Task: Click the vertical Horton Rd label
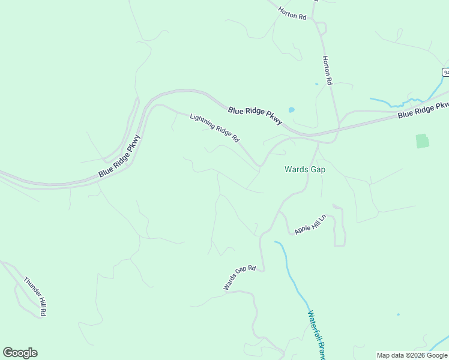click(x=327, y=70)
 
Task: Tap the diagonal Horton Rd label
click(x=292, y=13)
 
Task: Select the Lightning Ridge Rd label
click(x=214, y=128)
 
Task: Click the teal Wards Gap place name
click(x=304, y=170)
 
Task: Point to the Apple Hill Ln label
click(x=310, y=224)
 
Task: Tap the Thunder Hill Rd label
click(x=35, y=296)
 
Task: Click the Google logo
click(x=20, y=353)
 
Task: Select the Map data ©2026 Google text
click(x=412, y=355)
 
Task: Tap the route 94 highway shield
click(x=445, y=72)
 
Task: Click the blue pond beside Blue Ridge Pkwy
click(x=292, y=110)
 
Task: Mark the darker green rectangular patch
click(x=423, y=141)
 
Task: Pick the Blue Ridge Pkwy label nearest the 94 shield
click(x=423, y=110)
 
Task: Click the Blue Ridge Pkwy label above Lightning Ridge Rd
click(x=255, y=116)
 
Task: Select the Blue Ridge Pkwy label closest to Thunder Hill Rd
click(x=120, y=156)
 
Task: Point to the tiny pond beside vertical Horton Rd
click(x=316, y=84)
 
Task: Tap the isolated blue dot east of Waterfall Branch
click(x=398, y=314)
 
